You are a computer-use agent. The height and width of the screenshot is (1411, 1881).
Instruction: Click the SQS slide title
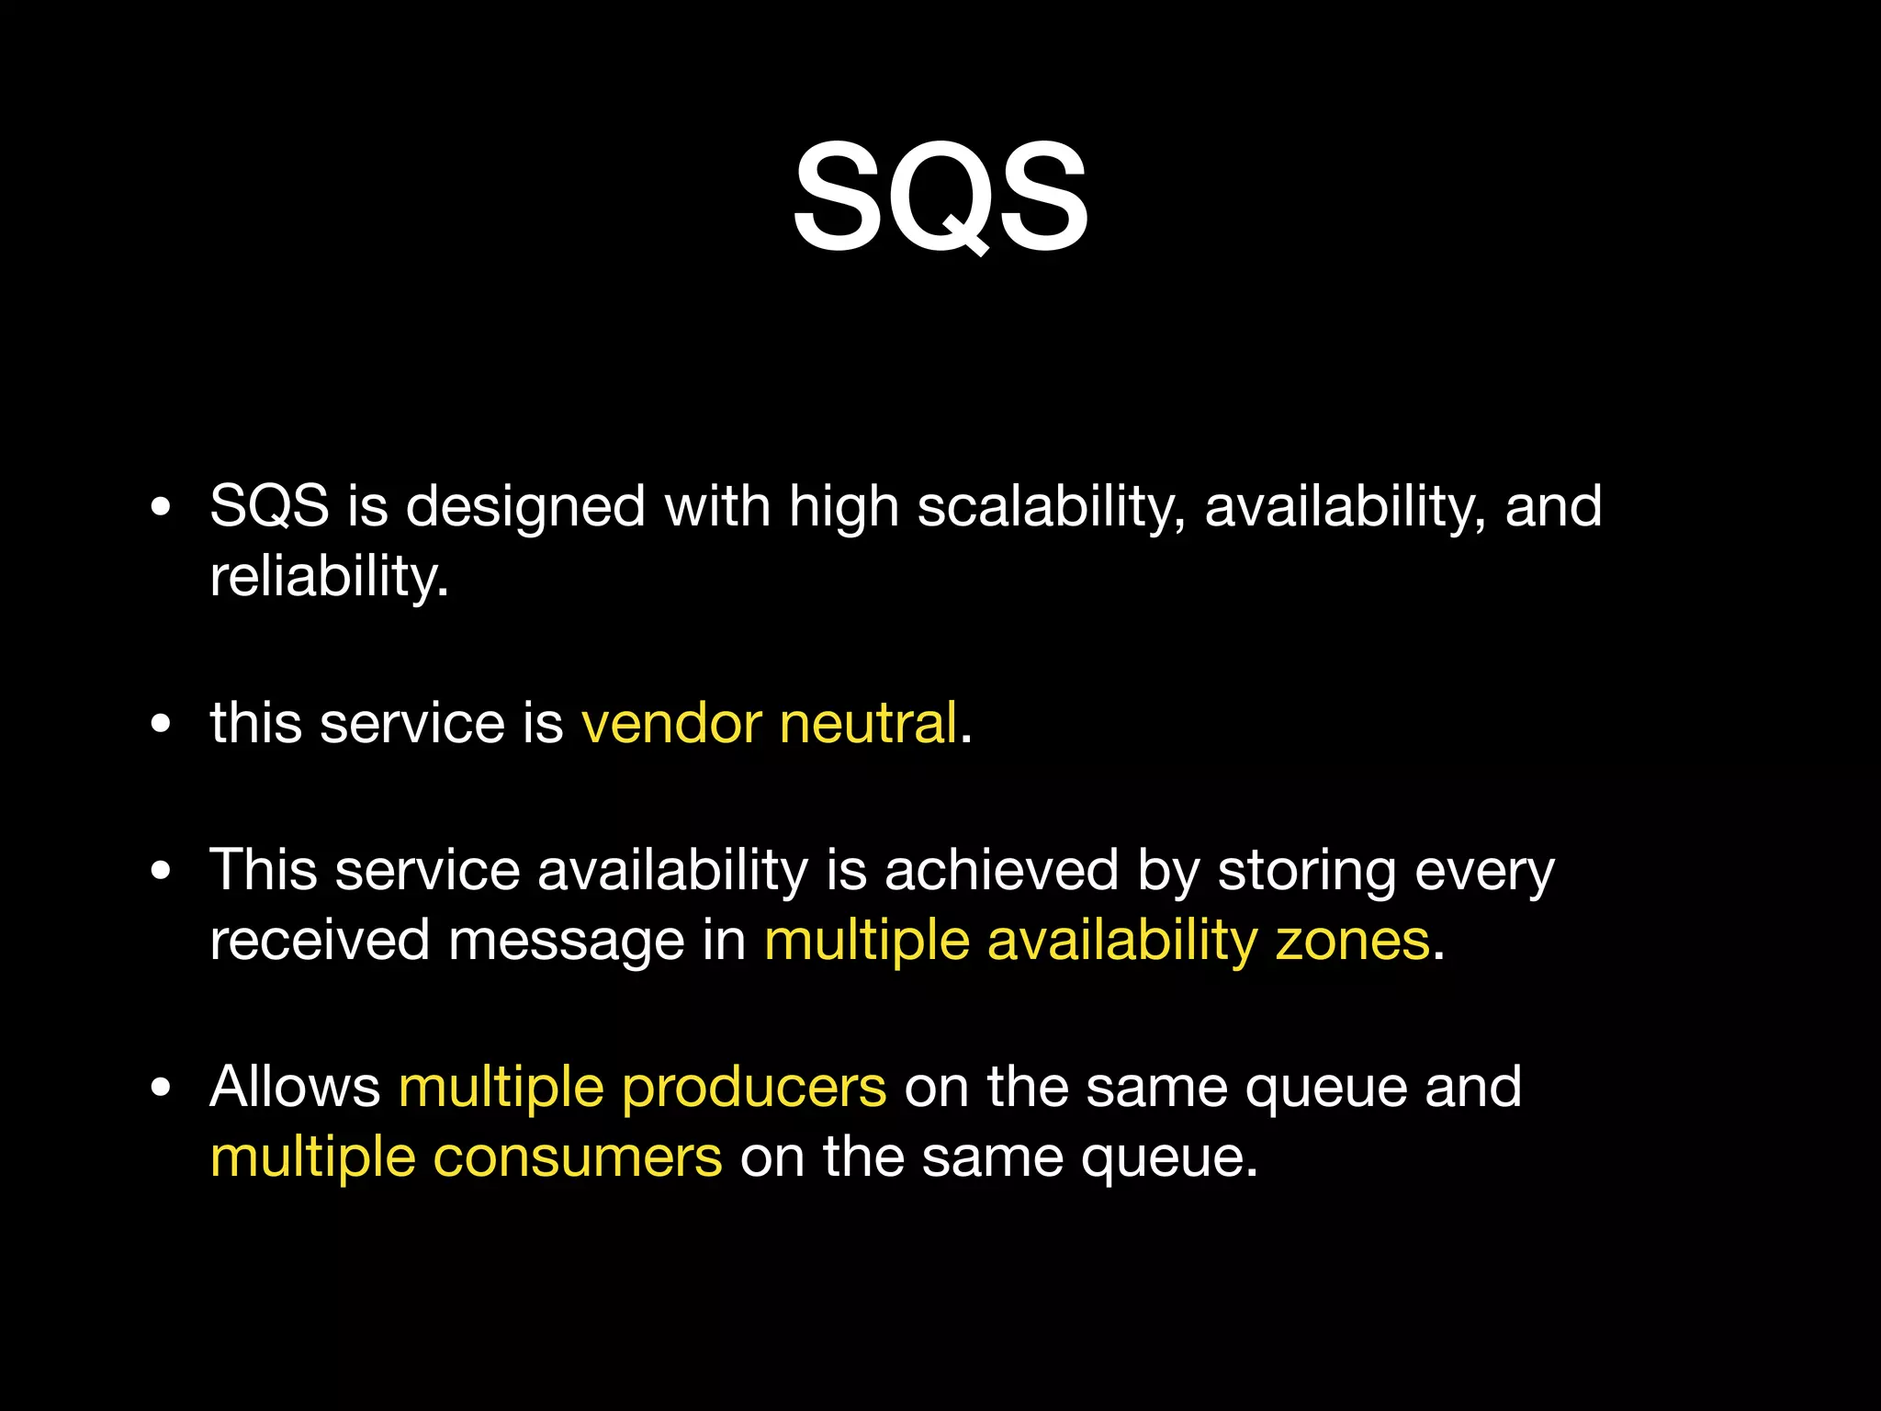point(940,198)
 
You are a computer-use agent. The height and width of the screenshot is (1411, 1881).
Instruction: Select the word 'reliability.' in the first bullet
point(329,578)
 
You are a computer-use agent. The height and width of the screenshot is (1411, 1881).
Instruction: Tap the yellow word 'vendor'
point(671,723)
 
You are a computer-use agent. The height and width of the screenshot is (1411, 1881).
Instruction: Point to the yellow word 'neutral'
point(868,723)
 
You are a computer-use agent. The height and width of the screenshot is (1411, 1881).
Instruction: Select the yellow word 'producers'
point(754,1088)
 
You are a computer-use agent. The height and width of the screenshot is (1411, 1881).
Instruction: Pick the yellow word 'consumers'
point(578,1157)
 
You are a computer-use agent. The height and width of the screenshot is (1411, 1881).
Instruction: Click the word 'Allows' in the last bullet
point(295,1088)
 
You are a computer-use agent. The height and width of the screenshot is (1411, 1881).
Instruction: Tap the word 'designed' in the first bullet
point(525,507)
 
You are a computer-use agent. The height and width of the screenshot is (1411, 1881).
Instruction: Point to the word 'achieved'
point(1001,870)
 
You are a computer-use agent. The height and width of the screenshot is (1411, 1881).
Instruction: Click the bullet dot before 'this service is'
point(161,724)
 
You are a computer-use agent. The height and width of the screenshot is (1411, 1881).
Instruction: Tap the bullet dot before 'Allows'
point(161,1088)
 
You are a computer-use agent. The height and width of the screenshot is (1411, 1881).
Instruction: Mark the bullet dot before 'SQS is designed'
point(161,506)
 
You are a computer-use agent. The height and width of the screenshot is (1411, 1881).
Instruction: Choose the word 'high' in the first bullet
point(843,507)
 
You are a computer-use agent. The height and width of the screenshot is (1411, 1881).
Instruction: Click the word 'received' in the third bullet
point(319,941)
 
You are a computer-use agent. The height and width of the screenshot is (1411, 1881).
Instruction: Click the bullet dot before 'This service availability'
point(161,870)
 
